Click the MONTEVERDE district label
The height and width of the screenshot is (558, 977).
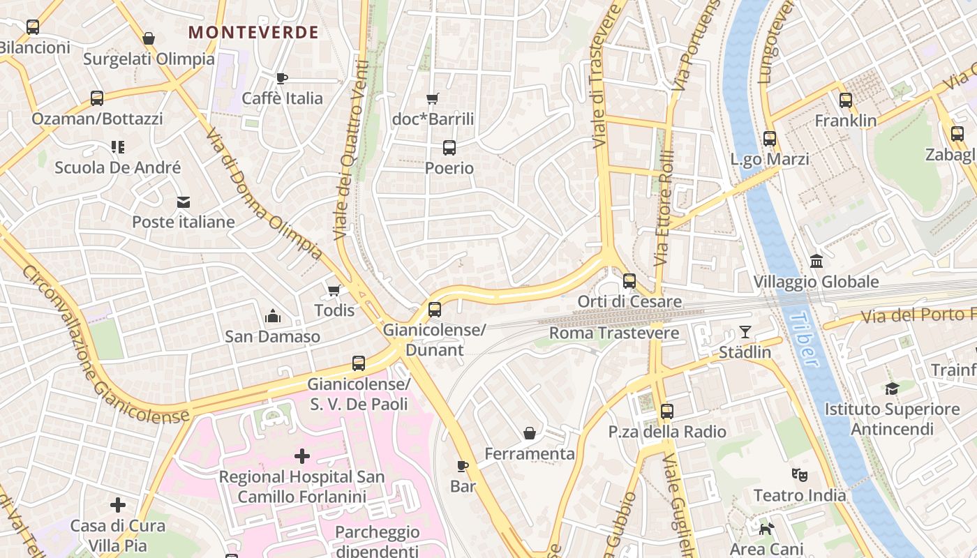tap(254, 32)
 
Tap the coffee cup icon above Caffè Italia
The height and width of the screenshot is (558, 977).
tap(282, 78)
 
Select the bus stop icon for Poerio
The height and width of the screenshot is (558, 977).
tap(449, 148)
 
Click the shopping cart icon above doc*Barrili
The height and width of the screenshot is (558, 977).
tap(433, 99)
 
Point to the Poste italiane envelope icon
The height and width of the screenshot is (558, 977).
tap(184, 202)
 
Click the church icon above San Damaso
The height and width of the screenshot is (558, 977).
tap(273, 317)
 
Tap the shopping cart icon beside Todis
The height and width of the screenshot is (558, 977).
tap(334, 290)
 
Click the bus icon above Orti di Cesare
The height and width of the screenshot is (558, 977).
tap(629, 281)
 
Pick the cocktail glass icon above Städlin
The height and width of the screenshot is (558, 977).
tap(745, 332)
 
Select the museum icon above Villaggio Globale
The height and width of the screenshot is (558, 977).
tap(816, 262)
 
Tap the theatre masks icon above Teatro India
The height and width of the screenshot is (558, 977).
tap(800, 475)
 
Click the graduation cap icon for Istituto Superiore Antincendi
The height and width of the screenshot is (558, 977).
tap(892, 389)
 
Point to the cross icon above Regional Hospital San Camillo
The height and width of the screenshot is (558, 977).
tap(302, 456)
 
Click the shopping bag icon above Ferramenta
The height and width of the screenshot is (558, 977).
tap(530, 433)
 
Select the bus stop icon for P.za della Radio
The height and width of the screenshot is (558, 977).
tap(667, 412)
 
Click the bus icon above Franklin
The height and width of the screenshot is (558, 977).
tap(846, 100)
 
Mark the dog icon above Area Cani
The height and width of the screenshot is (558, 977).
tap(767, 529)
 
